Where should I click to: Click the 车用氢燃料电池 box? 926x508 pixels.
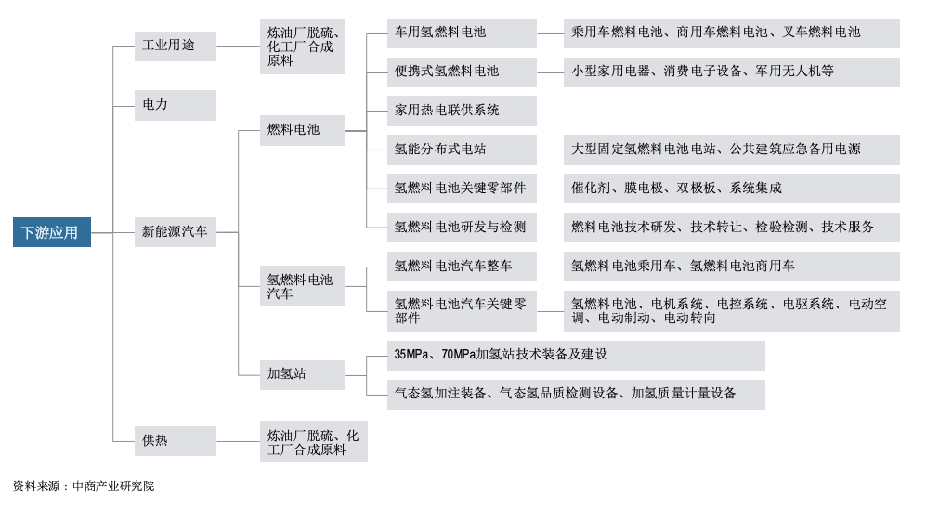point(462,33)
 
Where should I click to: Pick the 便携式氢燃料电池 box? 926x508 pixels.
point(462,72)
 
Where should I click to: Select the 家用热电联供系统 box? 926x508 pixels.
point(462,111)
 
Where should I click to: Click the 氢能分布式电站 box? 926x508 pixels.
point(462,150)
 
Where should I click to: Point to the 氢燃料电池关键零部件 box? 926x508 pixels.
point(462,189)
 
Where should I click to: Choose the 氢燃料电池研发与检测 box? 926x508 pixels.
point(462,228)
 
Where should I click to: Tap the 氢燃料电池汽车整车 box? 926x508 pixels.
point(462,267)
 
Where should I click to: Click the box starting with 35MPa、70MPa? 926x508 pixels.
point(576,356)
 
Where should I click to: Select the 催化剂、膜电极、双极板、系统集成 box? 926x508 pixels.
point(731,189)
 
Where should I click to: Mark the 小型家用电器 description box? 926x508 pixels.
point(731,72)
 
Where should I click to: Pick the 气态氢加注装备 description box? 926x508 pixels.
point(576,395)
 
